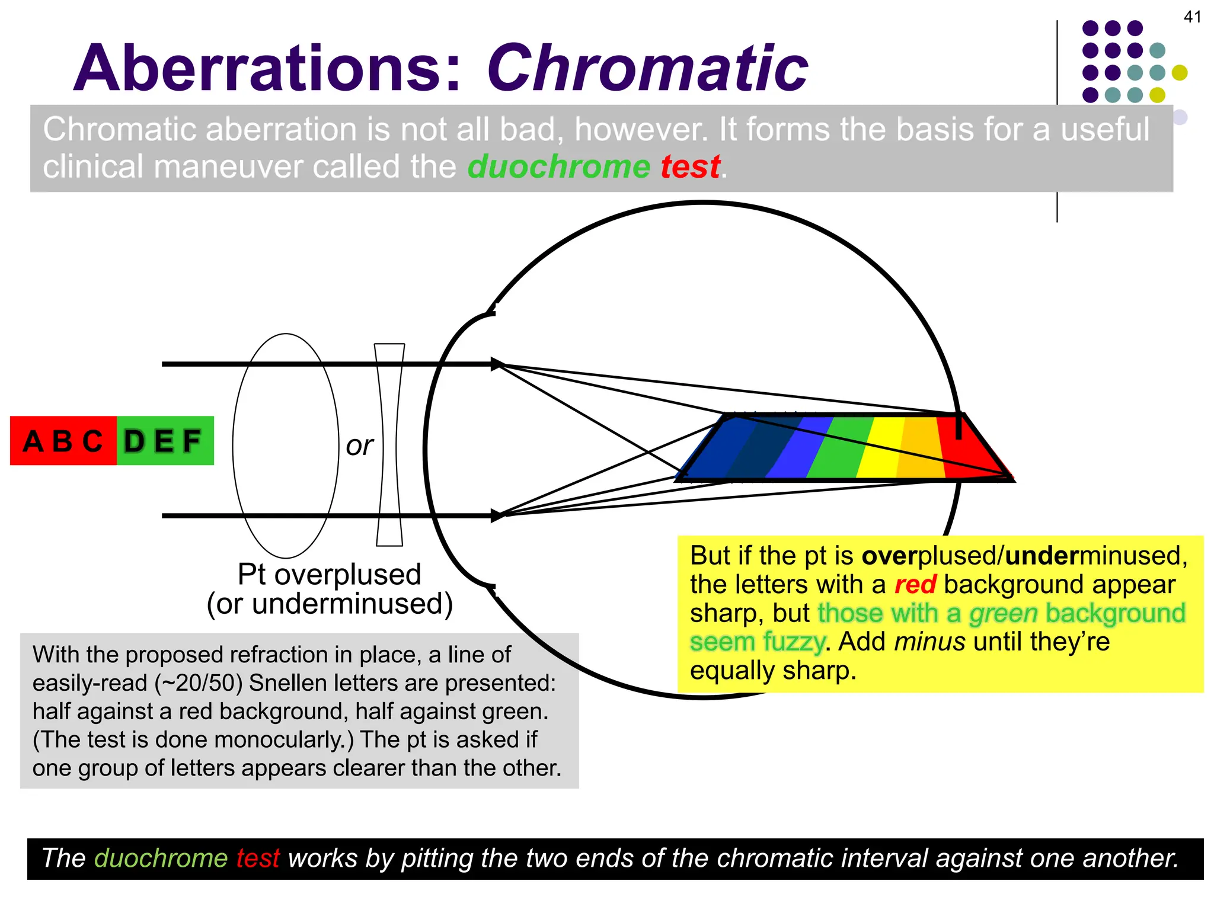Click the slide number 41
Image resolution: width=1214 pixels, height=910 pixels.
click(x=1192, y=17)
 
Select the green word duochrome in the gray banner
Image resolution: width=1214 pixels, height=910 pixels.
click(x=559, y=166)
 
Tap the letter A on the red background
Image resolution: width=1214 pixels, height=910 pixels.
click(x=33, y=441)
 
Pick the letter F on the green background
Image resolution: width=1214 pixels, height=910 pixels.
click(x=191, y=441)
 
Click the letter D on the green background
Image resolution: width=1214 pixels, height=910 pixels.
click(x=134, y=441)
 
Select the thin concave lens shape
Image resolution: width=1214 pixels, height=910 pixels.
click(x=389, y=444)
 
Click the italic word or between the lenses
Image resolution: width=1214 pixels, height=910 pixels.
click(x=359, y=446)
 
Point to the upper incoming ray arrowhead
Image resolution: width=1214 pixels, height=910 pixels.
click(x=497, y=364)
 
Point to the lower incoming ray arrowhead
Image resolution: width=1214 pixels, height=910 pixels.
click(x=497, y=515)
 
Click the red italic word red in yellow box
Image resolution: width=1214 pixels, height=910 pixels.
click(x=915, y=585)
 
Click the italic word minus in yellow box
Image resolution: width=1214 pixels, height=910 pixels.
click(x=929, y=642)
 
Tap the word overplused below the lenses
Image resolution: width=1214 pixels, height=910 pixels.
click(x=347, y=574)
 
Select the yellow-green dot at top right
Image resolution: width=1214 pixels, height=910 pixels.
click(x=1180, y=73)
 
